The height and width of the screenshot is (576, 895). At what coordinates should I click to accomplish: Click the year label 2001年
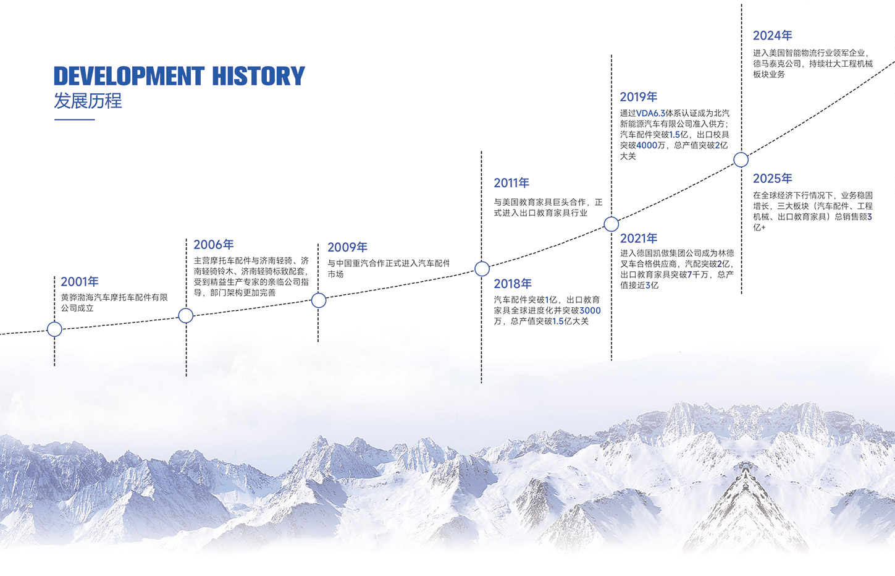[x=80, y=282]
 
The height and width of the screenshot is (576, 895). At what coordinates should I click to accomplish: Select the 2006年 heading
[x=213, y=245]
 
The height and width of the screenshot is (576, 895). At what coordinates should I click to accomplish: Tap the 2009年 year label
[x=347, y=247]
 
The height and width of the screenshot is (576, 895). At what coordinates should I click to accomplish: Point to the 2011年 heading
[x=511, y=183]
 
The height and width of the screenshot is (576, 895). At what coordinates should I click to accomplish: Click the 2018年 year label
[x=513, y=284]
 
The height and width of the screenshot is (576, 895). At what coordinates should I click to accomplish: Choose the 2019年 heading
[x=639, y=97]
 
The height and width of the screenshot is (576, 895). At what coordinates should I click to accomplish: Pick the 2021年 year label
[x=639, y=238]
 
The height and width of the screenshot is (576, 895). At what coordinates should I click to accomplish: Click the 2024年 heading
[x=772, y=36]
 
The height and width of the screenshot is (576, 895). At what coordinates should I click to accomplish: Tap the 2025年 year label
[x=772, y=178]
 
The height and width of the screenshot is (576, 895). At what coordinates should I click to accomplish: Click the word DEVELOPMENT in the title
[x=129, y=76]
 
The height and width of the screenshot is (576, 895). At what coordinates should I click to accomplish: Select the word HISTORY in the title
[x=259, y=76]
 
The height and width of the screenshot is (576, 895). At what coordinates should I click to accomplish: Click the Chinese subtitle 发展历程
[x=88, y=101]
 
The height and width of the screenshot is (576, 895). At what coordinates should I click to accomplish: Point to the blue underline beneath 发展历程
[x=74, y=119]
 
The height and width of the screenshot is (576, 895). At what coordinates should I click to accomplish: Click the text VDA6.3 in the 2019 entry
[x=651, y=114]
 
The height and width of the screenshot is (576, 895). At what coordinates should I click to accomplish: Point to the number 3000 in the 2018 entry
[x=590, y=311]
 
